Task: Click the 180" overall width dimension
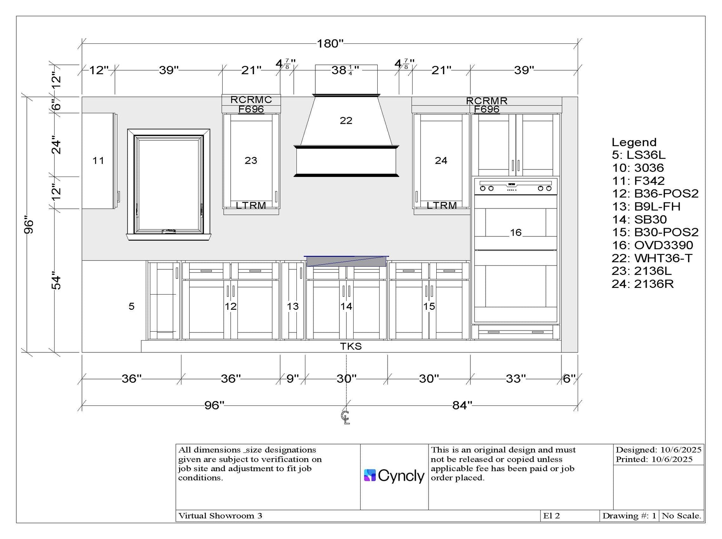[330, 44]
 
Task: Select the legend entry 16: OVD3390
[652, 245]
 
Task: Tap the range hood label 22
[346, 121]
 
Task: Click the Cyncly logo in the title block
[394, 476]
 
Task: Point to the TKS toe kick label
[351, 346]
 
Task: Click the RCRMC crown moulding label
[251, 100]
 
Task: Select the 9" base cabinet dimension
[292, 379]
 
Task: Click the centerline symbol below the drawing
[345, 417]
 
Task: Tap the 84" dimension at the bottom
[462, 405]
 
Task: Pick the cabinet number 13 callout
[293, 306]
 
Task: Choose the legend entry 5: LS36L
[639, 155]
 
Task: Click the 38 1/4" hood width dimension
[345, 70]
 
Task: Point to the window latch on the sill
[169, 231]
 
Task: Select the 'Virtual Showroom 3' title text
[220, 516]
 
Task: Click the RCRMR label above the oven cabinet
[487, 101]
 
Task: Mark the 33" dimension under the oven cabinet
[516, 379]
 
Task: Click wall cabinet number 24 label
[441, 161]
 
